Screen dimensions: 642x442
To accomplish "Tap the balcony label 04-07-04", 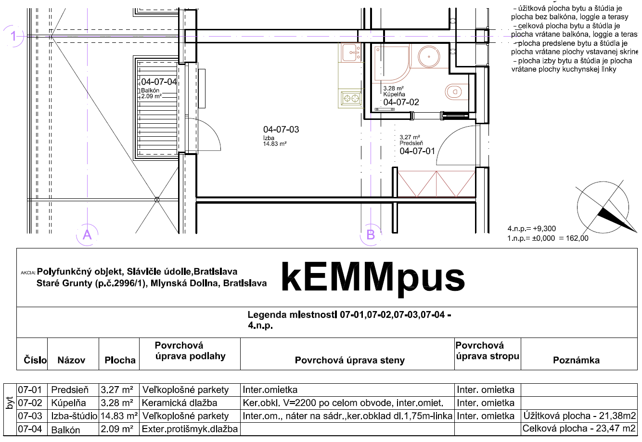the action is [159, 82].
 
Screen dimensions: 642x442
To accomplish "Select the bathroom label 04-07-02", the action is [401, 102].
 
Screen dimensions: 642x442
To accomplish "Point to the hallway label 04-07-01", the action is [417, 151].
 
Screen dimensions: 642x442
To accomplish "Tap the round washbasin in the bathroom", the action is [429, 56].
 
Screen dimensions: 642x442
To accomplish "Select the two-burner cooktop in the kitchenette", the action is [351, 99].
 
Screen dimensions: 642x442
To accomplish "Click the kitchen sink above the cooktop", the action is [351, 52].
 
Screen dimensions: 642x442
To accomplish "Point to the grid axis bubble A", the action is [87, 234].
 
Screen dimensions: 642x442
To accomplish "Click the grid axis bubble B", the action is [371, 234].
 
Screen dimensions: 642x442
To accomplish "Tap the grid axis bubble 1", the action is [13, 36].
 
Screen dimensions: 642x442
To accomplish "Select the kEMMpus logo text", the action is [373, 278].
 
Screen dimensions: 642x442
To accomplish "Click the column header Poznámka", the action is [576, 360].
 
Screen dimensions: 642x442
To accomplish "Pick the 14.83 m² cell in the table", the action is [119, 416].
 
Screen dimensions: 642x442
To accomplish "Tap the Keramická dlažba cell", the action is [180, 403].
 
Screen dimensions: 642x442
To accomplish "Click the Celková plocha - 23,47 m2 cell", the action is [579, 429].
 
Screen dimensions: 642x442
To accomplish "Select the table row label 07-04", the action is [30, 429].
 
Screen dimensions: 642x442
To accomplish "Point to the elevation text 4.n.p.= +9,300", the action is [531, 229].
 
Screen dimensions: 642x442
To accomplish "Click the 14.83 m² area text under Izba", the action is [275, 144].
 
